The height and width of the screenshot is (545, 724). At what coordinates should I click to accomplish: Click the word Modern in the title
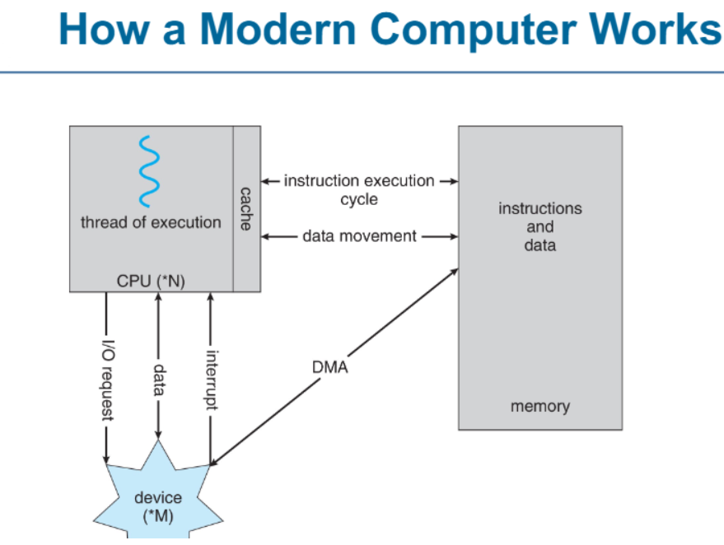(278, 29)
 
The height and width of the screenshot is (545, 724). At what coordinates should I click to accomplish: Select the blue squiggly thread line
(149, 171)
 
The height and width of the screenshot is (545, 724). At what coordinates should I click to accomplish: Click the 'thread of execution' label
(151, 222)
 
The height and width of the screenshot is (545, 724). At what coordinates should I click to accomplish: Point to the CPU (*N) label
(151, 281)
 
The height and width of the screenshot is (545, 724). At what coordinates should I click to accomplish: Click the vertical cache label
(246, 208)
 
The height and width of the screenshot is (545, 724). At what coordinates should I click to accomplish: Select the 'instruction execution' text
(359, 180)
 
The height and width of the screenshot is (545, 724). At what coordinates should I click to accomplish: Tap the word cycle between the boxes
(359, 200)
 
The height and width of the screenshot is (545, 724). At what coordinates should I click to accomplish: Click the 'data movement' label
(359, 235)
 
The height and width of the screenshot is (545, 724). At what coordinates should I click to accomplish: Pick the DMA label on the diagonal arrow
(330, 367)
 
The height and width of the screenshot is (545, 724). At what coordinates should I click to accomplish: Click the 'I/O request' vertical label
(108, 380)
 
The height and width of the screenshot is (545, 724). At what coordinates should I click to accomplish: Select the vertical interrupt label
(212, 380)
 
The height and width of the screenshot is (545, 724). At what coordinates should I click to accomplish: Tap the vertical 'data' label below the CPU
(159, 380)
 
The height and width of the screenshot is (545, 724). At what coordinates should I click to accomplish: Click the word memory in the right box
(540, 406)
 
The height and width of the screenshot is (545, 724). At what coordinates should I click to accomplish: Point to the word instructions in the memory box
(540, 208)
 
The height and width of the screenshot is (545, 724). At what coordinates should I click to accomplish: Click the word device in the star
(158, 497)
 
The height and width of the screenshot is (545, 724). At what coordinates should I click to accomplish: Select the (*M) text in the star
(158, 516)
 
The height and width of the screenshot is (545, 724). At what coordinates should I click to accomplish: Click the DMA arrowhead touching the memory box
(455, 272)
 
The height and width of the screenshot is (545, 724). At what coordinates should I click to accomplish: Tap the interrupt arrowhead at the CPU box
(211, 296)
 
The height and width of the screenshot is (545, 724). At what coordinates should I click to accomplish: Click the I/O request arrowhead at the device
(106, 459)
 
